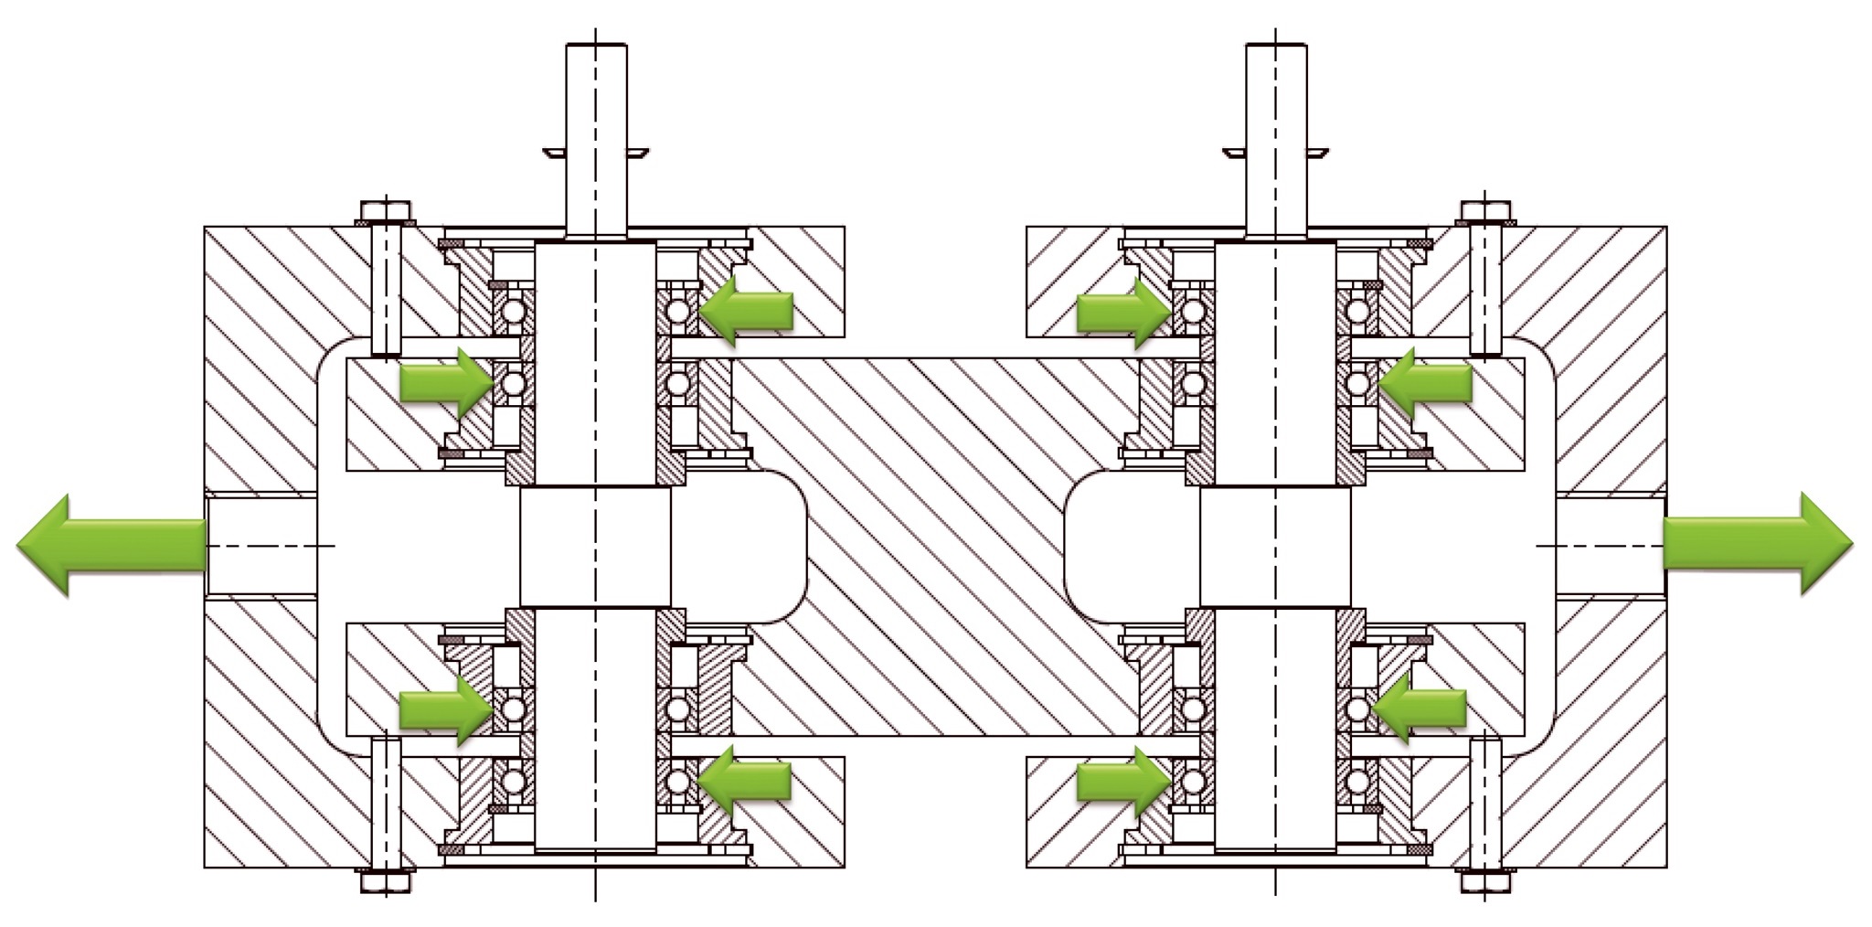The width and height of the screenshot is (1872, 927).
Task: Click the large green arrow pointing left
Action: coord(110,545)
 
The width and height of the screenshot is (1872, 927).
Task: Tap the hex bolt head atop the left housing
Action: coord(385,212)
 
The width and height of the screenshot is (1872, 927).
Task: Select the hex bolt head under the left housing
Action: coord(385,882)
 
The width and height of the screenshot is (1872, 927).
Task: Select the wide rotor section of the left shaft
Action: coord(595,546)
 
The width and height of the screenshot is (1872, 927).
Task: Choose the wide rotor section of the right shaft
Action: coord(1275,546)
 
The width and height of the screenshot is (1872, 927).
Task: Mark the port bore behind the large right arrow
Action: coord(1609,546)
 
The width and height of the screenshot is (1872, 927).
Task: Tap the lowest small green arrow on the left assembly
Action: coord(745,780)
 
